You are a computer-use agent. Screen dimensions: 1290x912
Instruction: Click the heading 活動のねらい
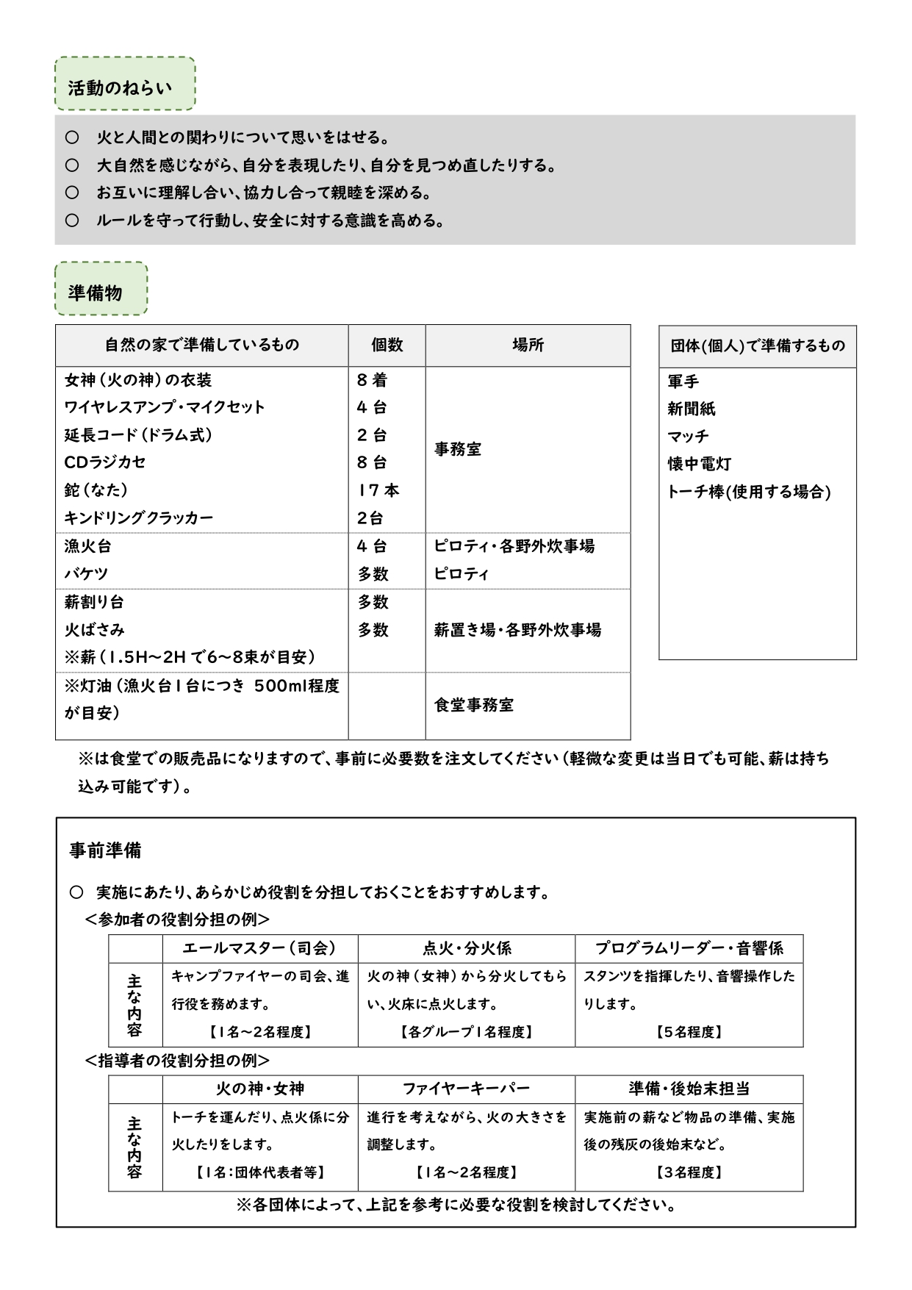pos(121,88)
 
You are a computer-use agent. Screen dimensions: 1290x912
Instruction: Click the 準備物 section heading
pos(96,293)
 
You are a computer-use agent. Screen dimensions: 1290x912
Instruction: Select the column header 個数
pos(387,345)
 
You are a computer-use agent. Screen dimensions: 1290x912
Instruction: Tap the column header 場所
pos(528,345)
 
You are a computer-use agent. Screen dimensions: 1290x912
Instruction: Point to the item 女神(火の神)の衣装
pos(138,380)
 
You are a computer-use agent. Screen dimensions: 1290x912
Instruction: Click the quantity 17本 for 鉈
pos(378,490)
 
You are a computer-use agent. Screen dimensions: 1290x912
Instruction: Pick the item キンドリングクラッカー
pos(139,517)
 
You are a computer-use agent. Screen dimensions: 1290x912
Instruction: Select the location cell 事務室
pos(458,449)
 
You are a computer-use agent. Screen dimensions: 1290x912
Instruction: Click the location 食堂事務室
pos(474,705)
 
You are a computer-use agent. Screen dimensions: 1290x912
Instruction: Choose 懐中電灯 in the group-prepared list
pos(699,464)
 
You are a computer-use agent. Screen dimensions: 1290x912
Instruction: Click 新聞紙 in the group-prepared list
pos(692,409)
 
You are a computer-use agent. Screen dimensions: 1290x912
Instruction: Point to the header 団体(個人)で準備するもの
pos(757,345)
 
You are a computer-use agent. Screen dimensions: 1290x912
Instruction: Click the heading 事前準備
pos(105,850)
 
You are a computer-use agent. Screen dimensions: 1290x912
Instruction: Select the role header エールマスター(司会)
pos(259,948)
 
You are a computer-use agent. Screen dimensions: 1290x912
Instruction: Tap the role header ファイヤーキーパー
pos(466,1089)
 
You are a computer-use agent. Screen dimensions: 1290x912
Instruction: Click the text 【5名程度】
pos(689,1032)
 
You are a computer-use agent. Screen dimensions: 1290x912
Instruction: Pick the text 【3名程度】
pos(689,1172)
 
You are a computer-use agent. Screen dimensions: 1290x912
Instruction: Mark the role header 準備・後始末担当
pos(689,1089)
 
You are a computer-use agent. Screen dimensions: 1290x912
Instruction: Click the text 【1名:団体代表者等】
pos(259,1172)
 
